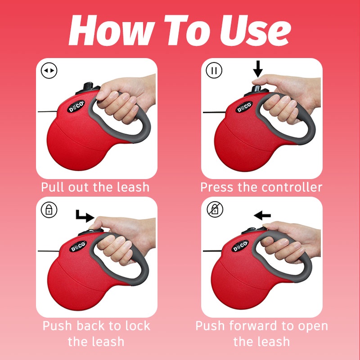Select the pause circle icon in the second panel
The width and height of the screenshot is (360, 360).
214,70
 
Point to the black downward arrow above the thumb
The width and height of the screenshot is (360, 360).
257,68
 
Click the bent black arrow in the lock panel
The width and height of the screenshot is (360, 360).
84,216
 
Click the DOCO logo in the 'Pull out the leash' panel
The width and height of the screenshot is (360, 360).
76,108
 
